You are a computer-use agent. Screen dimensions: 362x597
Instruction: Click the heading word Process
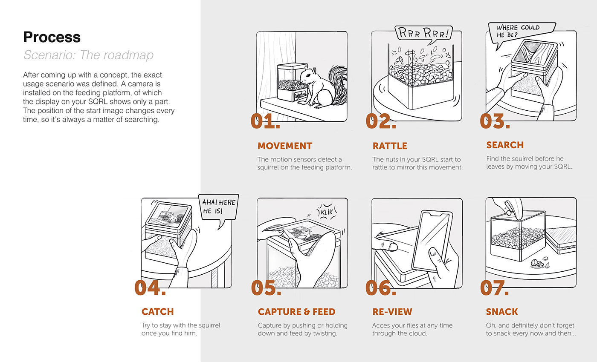(x=52, y=37)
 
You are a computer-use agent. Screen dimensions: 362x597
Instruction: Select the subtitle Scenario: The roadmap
(x=88, y=55)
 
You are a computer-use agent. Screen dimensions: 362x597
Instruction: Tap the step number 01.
(x=265, y=121)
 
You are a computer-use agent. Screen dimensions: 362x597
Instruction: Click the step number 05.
(x=266, y=288)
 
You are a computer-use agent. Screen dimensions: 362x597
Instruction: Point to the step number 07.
(x=495, y=288)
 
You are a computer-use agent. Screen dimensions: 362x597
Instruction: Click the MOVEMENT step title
(x=285, y=146)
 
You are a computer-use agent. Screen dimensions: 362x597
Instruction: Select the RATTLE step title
(x=390, y=146)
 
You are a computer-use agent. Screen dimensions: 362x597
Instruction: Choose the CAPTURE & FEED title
(x=296, y=312)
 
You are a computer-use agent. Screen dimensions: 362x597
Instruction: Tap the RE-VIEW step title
(x=392, y=312)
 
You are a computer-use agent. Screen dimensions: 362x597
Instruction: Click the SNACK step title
(x=502, y=312)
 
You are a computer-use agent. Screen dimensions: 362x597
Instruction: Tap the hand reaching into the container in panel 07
(x=509, y=206)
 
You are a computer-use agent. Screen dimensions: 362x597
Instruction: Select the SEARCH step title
(x=505, y=145)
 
